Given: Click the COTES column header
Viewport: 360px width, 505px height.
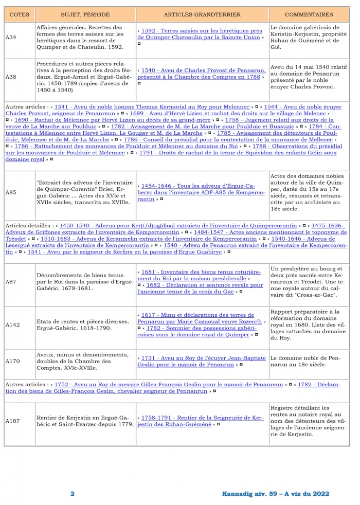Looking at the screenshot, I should (19, 14).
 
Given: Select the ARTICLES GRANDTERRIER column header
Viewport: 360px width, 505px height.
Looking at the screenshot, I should (203, 14).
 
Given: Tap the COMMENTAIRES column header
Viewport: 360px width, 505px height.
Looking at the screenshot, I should (309, 14).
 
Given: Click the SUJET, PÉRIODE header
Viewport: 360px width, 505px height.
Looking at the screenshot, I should (85, 14).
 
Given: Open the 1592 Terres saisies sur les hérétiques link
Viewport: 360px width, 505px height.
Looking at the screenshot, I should (201, 33).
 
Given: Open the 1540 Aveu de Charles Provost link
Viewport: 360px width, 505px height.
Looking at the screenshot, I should (203, 74).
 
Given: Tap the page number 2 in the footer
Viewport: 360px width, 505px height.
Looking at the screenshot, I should (73, 494).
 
